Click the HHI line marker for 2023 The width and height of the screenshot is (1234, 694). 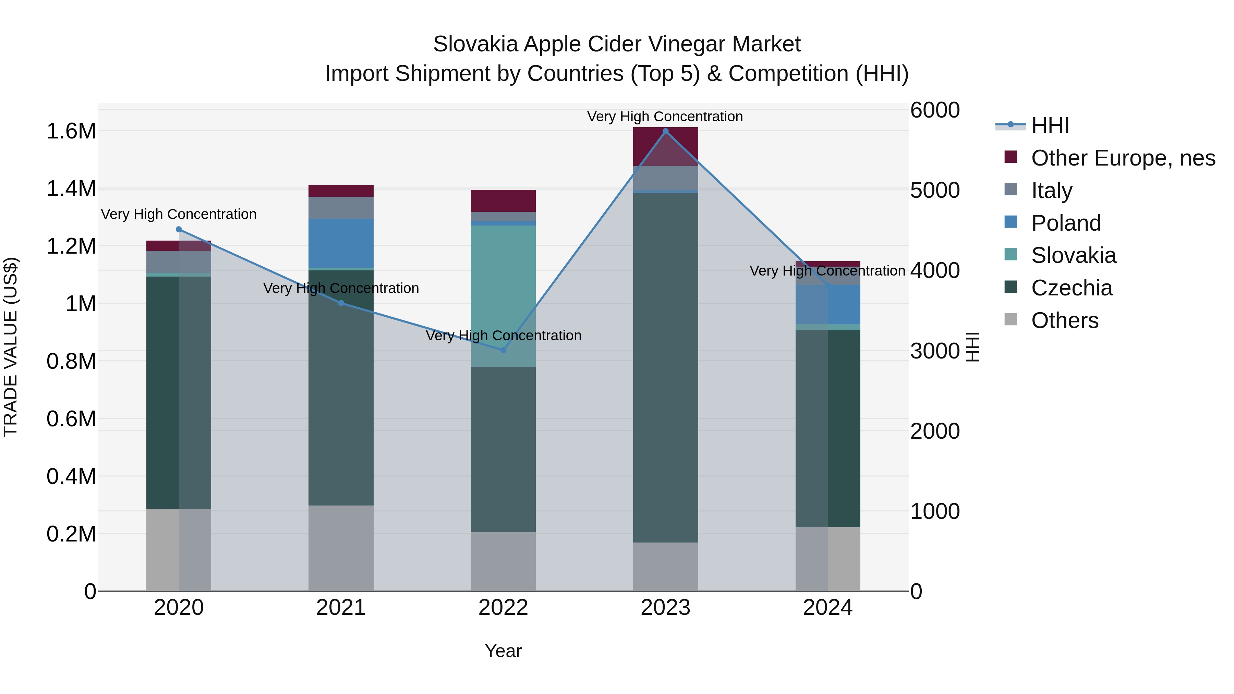pyautogui.click(x=665, y=131)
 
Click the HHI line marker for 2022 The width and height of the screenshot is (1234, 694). pyautogui.click(x=503, y=350)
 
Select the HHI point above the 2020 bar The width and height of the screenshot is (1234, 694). pyautogui.click(x=179, y=229)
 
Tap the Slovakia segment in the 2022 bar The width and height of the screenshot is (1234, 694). pyautogui.click(x=503, y=288)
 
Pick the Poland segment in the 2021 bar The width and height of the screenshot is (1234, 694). pyautogui.click(x=341, y=243)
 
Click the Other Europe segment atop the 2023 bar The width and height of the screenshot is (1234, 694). pyautogui.click(x=665, y=146)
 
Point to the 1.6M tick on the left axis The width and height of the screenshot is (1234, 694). pyautogui.click(x=71, y=131)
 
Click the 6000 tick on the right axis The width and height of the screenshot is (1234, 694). pyautogui.click(x=935, y=110)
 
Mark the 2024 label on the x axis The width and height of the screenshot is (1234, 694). pyautogui.click(x=827, y=608)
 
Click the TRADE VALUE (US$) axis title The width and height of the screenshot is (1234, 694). pyautogui.click(x=11, y=347)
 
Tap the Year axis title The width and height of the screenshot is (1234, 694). pyautogui.click(x=503, y=651)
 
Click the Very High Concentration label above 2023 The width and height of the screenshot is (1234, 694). pyautogui.click(x=665, y=117)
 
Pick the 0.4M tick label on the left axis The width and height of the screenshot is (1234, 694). pyautogui.click(x=71, y=477)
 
